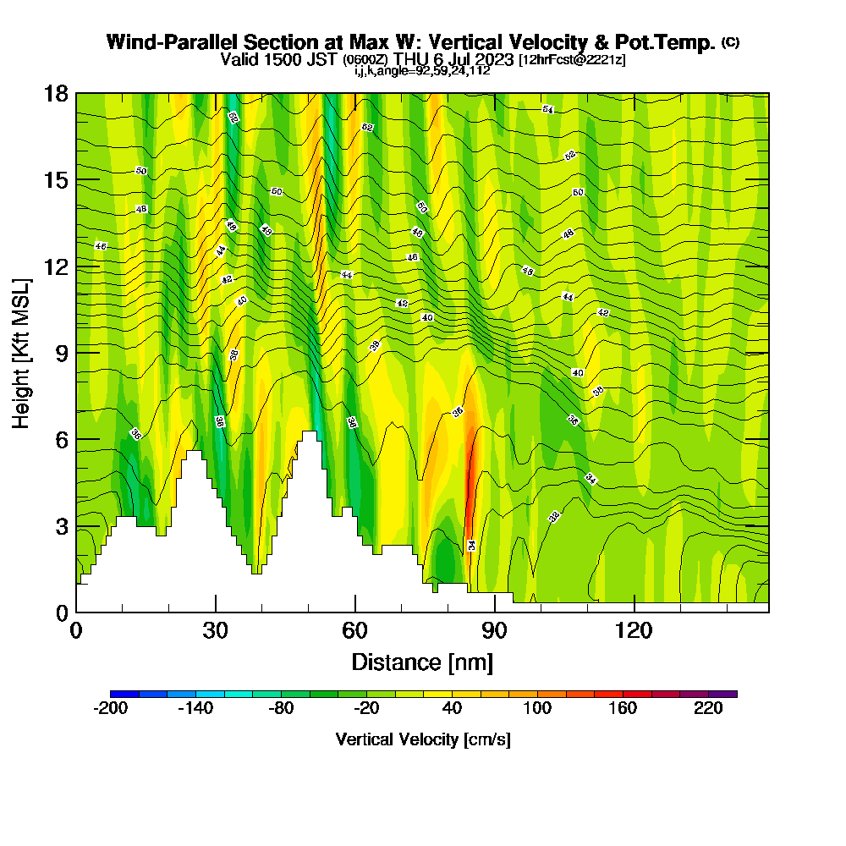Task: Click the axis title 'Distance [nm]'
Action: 422,661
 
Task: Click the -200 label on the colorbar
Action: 110,709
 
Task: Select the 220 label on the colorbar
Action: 708,709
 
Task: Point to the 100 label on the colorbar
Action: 537,709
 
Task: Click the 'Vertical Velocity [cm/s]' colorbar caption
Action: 422,739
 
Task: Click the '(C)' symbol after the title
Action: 730,42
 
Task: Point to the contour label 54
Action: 548,110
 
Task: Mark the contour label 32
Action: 555,517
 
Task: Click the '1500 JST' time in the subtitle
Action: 295,59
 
